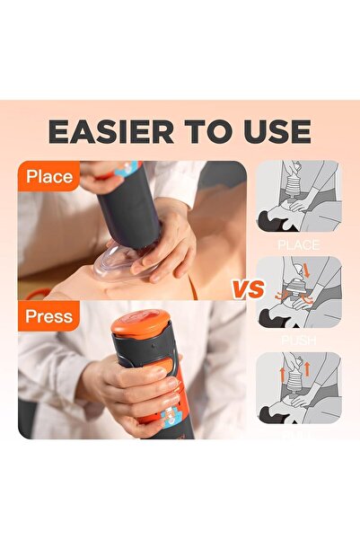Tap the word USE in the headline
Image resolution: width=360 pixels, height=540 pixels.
(268, 131)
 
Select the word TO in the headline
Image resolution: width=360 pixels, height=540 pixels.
(198, 131)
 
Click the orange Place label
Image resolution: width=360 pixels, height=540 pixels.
(48, 177)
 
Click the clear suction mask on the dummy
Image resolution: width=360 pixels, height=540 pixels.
(120, 266)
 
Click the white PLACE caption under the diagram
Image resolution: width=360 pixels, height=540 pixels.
(299, 243)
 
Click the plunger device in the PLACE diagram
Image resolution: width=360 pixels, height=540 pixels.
(291, 192)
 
